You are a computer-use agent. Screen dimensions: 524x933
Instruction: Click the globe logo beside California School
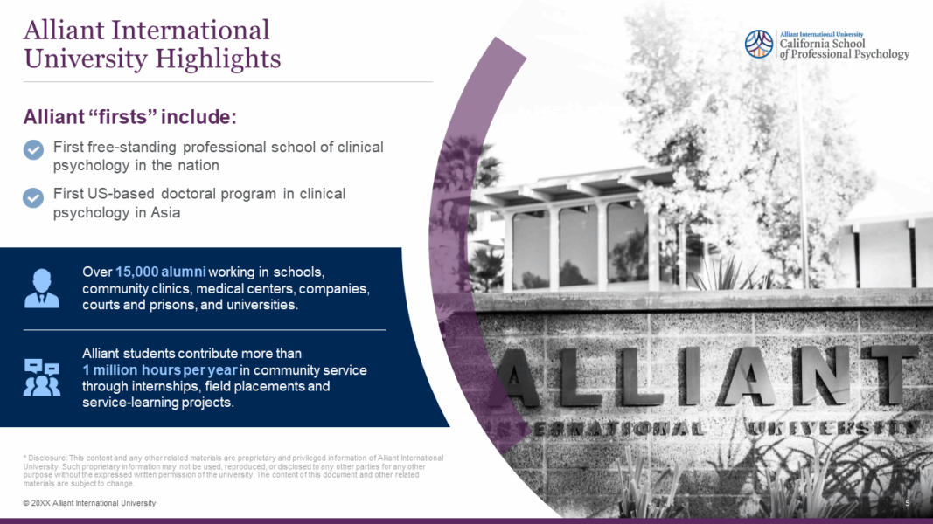point(759,44)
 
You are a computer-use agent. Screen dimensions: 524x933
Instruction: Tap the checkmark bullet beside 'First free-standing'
point(33,149)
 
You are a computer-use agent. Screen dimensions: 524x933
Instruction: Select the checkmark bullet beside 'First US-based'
point(33,196)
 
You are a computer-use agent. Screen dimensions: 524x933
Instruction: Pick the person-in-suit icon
point(42,289)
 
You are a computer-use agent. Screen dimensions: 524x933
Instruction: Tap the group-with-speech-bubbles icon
point(42,377)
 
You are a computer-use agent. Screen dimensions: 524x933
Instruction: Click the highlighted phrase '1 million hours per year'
point(159,370)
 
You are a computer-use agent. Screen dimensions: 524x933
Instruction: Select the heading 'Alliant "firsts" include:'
point(130,117)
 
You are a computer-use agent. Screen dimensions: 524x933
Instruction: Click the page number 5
point(908,503)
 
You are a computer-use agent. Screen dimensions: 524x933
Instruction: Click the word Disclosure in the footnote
point(45,458)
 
